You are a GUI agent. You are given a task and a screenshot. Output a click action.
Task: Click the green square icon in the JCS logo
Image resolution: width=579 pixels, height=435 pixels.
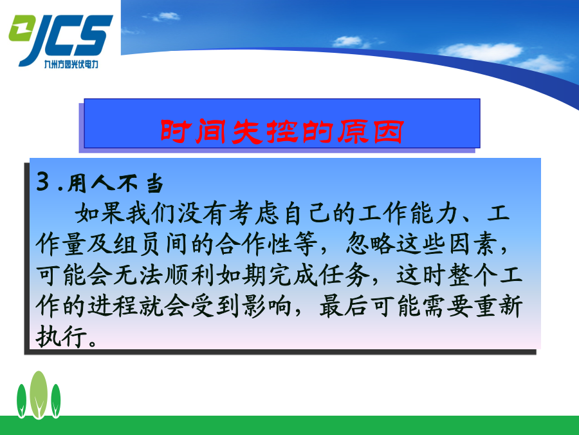coord(21,28)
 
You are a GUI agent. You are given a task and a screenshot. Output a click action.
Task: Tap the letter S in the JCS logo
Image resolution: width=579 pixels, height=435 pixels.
coord(94,35)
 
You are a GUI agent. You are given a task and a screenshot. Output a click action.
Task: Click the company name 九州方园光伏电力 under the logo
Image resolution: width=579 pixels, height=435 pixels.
coord(71,64)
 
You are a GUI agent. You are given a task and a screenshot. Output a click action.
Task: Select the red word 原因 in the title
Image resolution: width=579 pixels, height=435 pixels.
coord(371,131)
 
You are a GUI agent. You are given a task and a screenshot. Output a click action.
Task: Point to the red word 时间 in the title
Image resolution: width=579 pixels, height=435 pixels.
coord(193,131)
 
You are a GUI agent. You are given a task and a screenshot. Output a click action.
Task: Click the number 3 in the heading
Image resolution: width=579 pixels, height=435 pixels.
coord(43,182)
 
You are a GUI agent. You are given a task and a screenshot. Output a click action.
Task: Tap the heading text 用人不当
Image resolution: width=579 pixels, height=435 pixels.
coord(115,183)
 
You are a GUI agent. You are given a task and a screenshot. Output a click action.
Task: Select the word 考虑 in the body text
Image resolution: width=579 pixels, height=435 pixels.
coord(253,213)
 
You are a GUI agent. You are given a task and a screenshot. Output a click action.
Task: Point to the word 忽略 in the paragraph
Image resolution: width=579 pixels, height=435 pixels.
coord(371,244)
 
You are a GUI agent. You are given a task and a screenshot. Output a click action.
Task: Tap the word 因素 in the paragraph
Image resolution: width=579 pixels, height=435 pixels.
coord(473,244)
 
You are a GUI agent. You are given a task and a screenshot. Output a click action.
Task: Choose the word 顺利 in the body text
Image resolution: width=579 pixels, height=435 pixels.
coord(188,275)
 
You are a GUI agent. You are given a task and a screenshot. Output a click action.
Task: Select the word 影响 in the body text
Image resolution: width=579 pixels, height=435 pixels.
coord(266,306)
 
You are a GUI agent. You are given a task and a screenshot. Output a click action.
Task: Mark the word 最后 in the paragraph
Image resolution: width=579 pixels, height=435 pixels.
coord(344,306)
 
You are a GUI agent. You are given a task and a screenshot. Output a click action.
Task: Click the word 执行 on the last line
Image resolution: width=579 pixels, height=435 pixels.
coord(61,336)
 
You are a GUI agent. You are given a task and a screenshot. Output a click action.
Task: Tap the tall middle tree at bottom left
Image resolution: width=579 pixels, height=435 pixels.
coord(39,394)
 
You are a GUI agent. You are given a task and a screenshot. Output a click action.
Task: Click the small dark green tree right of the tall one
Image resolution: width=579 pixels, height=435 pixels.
coord(56,401)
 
